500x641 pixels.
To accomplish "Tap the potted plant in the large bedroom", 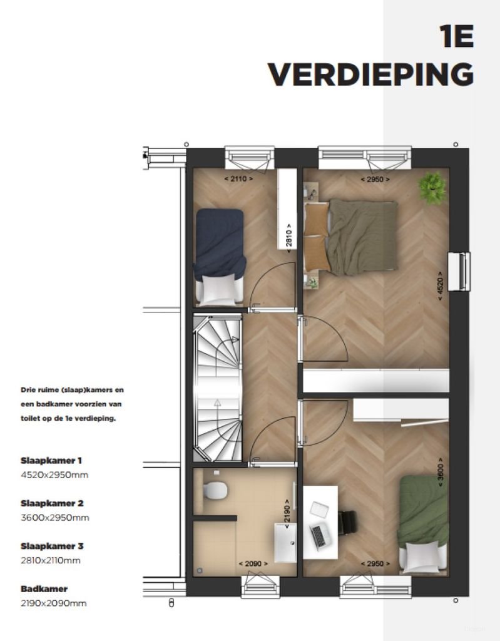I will [x=432, y=187].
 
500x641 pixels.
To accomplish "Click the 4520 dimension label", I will [x=441, y=287].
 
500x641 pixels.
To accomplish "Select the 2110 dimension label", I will [x=238, y=179].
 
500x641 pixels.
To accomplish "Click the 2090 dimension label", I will [x=253, y=563].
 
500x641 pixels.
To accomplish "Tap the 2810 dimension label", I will [x=288, y=238].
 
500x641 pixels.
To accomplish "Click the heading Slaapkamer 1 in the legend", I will [x=51, y=460].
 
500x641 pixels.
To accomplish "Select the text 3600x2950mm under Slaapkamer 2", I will [x=55, y=518].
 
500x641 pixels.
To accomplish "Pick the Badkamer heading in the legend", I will [x=44, y=589].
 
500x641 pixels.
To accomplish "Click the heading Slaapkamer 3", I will [x=52, y=546].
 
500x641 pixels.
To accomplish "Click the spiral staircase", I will [x=217, y=388].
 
